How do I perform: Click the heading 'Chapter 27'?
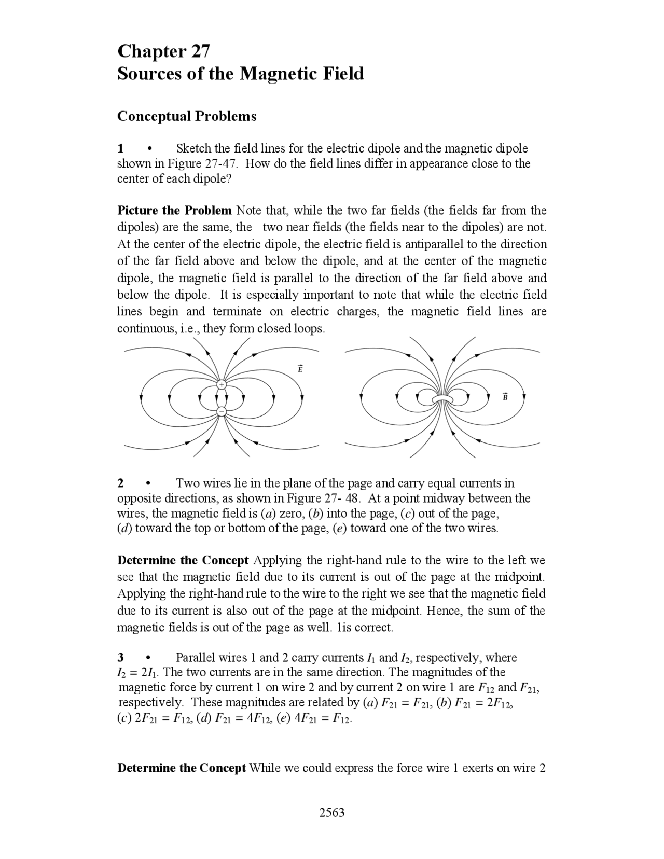pos(163,51)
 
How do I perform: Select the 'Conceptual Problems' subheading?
pos(187,116)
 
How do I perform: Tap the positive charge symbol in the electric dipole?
pos(222,385)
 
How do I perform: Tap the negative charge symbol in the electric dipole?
pos(222,411)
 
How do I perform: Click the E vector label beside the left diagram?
pos(300,369)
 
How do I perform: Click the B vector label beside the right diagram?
pos(505,397)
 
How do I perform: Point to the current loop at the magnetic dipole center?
pos(442,399)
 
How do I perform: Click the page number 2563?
pos(332,812)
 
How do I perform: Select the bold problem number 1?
pos(121,149)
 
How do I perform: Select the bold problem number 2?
pos(121,483)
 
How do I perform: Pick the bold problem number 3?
pos(121,658)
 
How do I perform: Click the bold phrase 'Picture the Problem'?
pos(174,211)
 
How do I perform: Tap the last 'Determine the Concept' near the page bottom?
pos(182,768)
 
